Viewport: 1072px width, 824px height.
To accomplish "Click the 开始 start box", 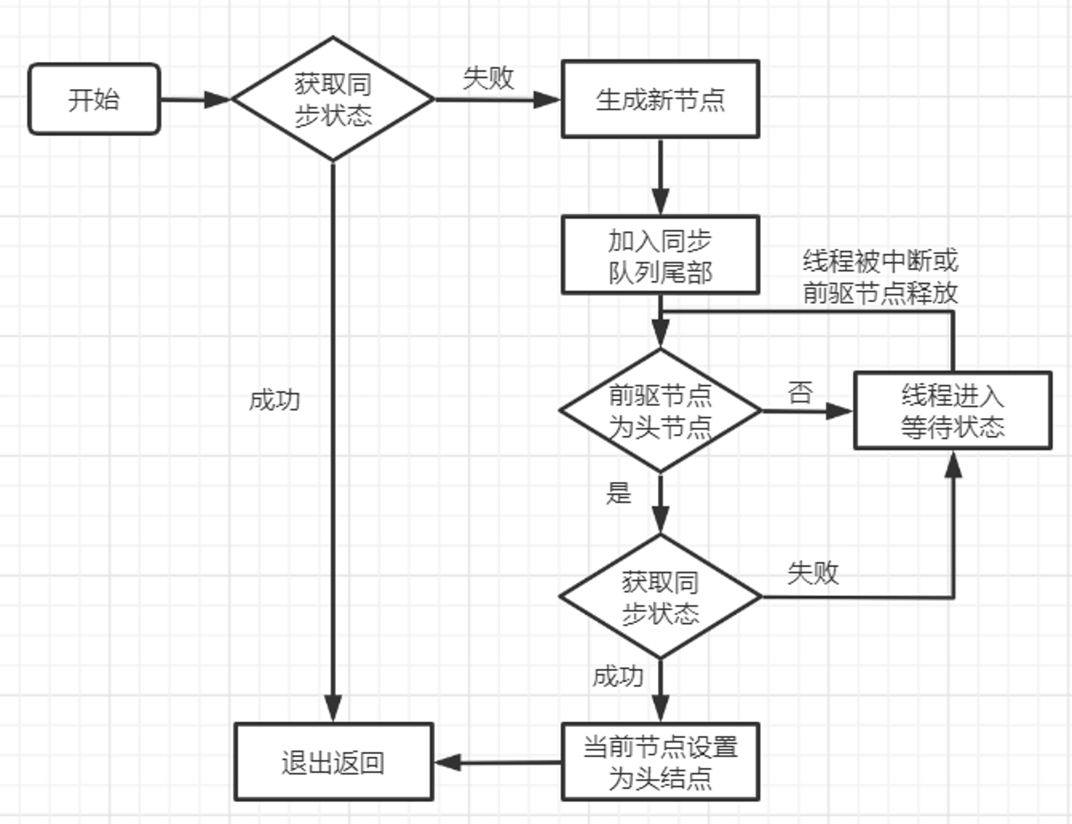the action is click(94, 99).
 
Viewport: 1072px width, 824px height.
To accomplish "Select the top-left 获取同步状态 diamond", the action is click(333, 99).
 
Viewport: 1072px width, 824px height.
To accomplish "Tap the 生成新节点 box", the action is click(660, 99).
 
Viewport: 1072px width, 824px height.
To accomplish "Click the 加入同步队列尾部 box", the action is click(660, 255).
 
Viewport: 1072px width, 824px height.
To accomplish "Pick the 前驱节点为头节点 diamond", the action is click(660, 411).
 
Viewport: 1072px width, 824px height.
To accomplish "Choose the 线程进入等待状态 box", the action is click(953, 411).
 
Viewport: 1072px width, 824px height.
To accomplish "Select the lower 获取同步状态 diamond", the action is click(660, 597).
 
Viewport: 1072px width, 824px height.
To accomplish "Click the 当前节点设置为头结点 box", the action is click(660, 762).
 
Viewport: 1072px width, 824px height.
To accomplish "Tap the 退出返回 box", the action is click(333, 762).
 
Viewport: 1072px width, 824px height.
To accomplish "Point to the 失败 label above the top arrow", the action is click(488, 78).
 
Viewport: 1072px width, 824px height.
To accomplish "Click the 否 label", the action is click(800, 392).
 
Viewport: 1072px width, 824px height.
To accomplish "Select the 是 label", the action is click(619, 493).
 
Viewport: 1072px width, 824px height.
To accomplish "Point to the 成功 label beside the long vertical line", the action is click(274, 401).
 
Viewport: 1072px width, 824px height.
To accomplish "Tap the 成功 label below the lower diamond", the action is click(618, 677).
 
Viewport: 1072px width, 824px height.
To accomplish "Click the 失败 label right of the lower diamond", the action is click(813, 573).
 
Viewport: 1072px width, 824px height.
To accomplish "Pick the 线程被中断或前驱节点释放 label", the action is click(880, 277).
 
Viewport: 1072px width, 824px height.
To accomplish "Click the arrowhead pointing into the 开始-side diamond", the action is click(218, 99).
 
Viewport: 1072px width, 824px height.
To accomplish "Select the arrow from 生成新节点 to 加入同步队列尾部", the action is click(660, 177).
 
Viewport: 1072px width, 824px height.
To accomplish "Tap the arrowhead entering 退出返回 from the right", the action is click(448, 762).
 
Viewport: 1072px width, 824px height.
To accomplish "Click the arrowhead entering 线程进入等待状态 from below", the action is click(953, 464).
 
